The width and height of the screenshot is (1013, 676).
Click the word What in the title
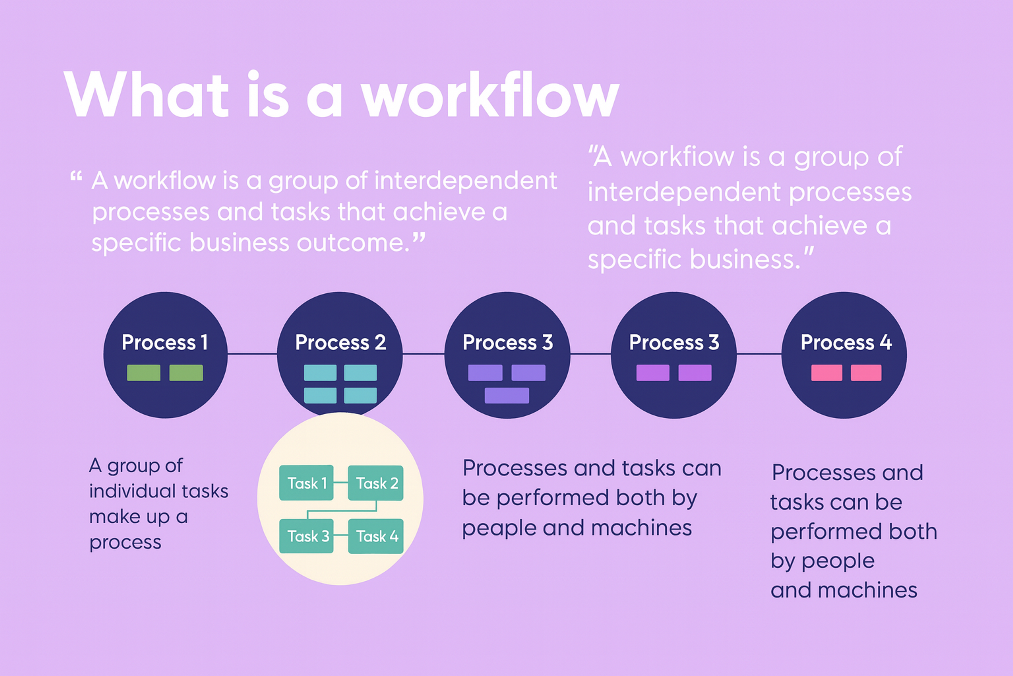point(146,95)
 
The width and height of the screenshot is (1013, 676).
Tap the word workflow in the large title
point(490,95)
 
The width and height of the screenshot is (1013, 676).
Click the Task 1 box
point(306,483)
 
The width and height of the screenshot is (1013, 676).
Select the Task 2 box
point(376,483)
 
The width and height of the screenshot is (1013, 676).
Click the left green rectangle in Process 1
point(144,373)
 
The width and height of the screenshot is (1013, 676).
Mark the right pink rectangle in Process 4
point(866,373)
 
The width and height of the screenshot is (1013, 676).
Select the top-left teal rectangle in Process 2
point(320,373)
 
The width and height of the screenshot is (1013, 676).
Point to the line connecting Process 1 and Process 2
point(252,354)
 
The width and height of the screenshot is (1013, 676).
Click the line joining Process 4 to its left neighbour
point(759,354)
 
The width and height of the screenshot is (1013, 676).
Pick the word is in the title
point(268,95)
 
